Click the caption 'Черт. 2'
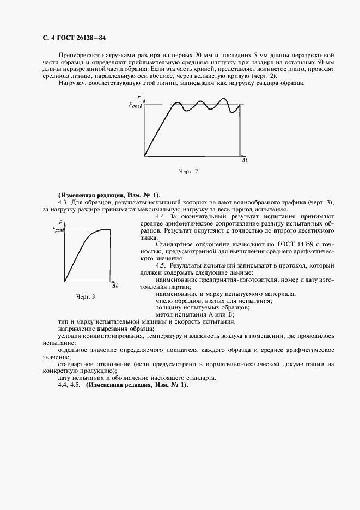coord(188,171)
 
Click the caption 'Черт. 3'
coord(85,296)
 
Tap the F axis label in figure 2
coord(140,97)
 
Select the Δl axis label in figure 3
coord(115,285)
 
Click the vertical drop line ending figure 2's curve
coord(240,131)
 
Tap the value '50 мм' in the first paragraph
coord(325,63)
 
